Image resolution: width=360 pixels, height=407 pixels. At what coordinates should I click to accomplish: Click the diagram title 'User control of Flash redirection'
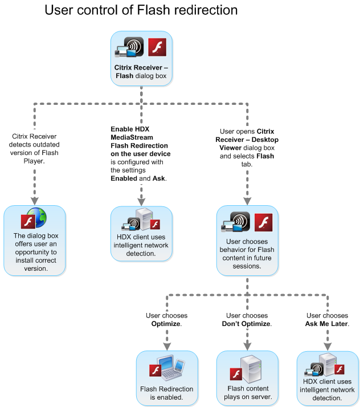pos(141,10)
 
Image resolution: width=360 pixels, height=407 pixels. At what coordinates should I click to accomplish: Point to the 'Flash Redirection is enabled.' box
pos(167,377)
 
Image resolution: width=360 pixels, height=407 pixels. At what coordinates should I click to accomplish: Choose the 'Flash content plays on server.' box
pos(247,377)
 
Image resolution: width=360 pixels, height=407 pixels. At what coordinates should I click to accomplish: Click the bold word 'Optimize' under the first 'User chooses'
pos(166,323)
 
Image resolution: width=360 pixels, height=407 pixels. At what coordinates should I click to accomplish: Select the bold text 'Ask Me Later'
pos(327,323)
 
